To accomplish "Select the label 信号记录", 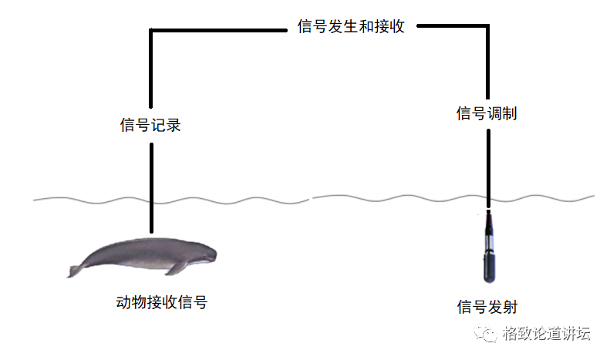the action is point(150,125).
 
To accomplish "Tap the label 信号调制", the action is point(487,114).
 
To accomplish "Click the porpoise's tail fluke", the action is point(76,270).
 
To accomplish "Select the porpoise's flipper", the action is point(177,267).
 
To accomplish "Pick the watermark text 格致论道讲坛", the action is point(546,334).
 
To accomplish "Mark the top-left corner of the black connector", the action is point(152,30).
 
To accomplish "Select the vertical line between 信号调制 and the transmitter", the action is point(487,166).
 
